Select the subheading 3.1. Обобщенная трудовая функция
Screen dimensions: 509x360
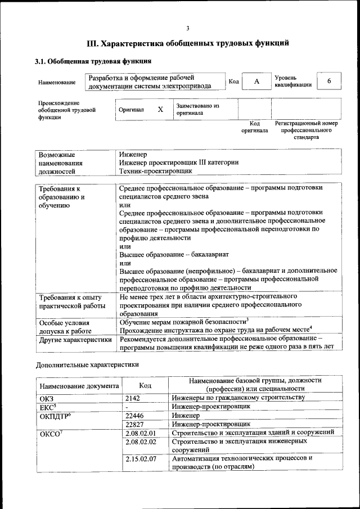click(x=93, y=61)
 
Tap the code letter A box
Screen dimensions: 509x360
click(x=256, y=82)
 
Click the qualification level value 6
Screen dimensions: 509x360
click(x=329, y=82)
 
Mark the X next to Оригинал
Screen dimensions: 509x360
click(x=160, y=110)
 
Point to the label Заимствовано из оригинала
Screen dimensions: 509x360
click(x=197, y=109)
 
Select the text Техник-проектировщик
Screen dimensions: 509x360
click(x=156, y=170)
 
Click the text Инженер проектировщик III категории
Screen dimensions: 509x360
click(x=178, y=162)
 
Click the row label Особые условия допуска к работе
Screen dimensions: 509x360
click(x=65, y=327)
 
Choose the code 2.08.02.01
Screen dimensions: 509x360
click(x=141, y=433)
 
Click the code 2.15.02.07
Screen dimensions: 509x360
click(x=141, y=459)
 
